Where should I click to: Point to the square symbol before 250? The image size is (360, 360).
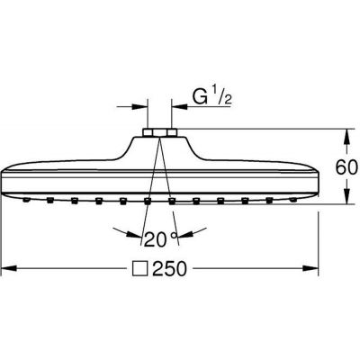(x=140, y=269)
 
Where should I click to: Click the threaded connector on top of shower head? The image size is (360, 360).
(x=159, y=135)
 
